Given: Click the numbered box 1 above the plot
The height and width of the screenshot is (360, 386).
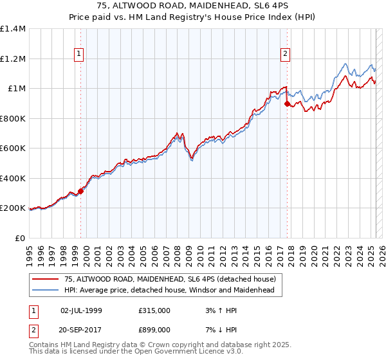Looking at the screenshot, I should point(78,55).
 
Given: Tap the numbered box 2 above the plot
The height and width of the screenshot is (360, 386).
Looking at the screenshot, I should point(284,55).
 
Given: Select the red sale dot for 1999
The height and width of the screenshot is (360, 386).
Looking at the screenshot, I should point(80,191).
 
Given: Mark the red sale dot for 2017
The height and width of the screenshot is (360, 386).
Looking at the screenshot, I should point(287,103).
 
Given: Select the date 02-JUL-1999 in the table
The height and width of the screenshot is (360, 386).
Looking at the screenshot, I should point(81,310).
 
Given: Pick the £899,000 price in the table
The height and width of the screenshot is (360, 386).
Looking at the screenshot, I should point(154,330).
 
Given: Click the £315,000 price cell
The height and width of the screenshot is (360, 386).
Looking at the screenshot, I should point(154,310).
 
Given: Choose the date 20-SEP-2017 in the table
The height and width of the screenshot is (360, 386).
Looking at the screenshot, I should point(81,330).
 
